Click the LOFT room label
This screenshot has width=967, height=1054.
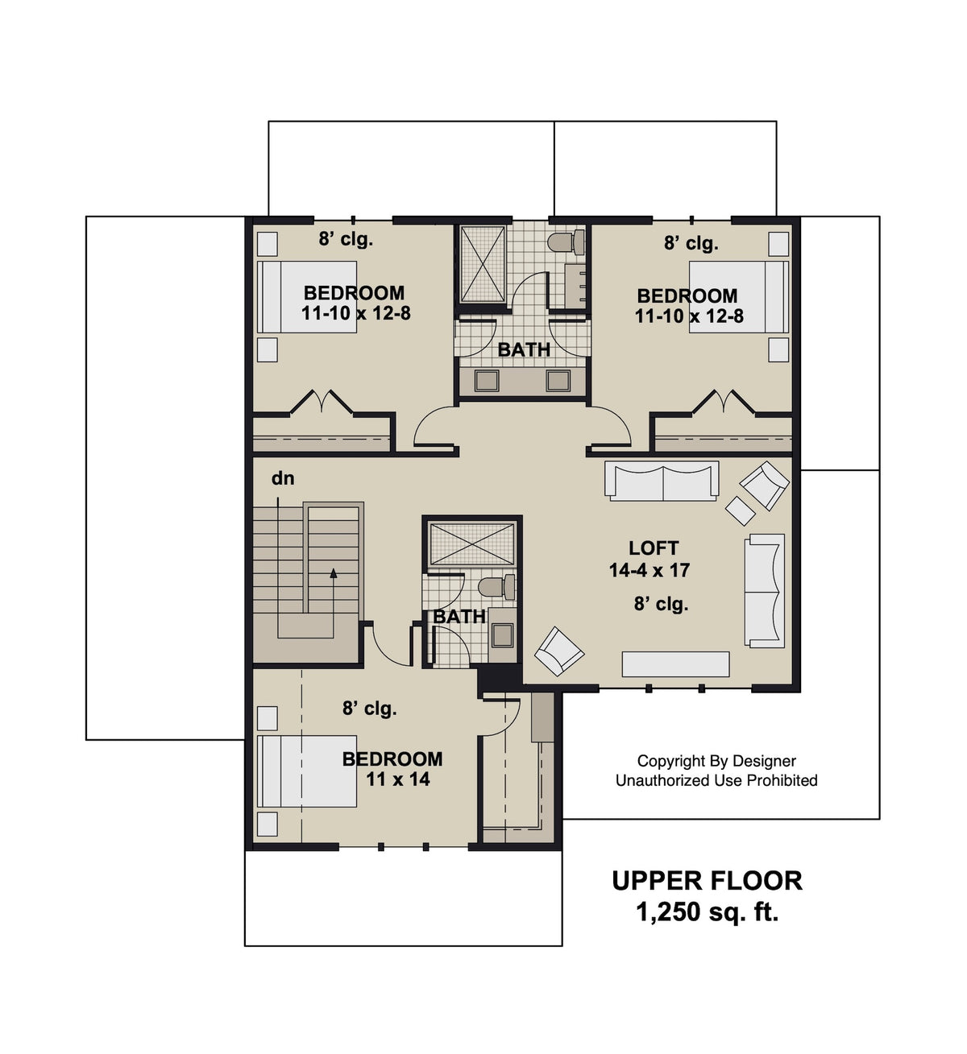coord(653,548)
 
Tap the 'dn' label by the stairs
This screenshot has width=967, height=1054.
coord(283,478)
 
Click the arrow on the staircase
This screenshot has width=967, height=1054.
coord(332,573)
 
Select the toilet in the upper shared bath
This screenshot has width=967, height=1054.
coord(567,241)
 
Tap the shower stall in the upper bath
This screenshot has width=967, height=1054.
coord(482,264)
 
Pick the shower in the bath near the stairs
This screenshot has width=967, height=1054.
coord(471,544)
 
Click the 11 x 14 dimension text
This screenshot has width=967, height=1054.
coord(398,779)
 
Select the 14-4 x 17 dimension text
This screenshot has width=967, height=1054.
coord(650,570)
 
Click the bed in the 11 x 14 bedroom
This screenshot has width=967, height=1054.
coord(306,771)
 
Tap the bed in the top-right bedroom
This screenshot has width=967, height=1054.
coord(738,296)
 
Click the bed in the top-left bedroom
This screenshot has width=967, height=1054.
coord(306,296)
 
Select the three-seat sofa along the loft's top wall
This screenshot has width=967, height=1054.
coord(662,482)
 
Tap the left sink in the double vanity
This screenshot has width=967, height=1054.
coord(486,380)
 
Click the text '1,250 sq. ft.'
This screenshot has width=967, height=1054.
coord(707,912)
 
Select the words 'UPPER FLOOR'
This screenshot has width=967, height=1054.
coord(707,880)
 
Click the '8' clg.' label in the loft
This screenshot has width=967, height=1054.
coord(661,604)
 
